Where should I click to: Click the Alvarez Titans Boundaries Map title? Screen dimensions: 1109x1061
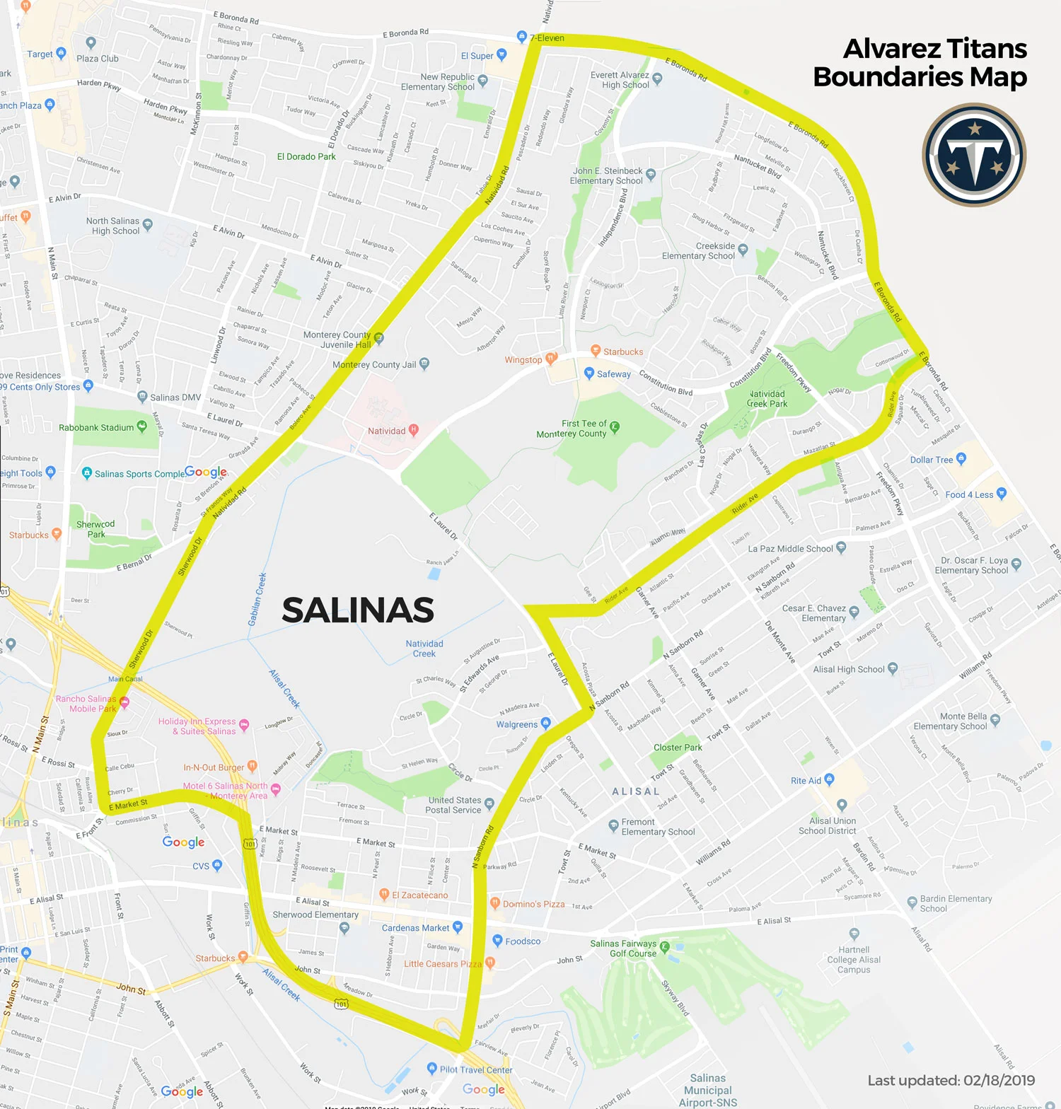[x=920, y=63]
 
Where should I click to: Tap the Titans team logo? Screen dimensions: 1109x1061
[x=974, y=155]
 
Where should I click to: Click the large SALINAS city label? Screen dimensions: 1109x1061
[x=358, y=610]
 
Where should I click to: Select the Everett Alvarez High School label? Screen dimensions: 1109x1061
[x=620, y=80]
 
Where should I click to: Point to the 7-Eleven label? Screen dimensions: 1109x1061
[x=547, y=38]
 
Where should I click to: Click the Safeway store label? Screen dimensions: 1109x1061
[x=613, y=374]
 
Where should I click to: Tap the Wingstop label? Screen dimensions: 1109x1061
[x=523, y=360]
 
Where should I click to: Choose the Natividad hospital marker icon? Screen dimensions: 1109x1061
[x=414, y=430]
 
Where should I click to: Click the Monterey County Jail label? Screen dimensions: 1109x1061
[x=374, y=365]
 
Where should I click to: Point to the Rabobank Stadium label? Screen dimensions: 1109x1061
[x=96, y=428]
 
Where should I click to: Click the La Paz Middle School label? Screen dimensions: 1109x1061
[x=790, y=549]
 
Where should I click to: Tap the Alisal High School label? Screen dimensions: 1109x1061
[x=848, y=669]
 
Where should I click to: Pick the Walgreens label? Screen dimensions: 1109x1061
[x=517, y=724]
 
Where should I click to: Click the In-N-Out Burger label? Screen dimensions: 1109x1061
[x=214, y=767]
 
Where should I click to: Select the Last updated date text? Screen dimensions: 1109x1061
[x=951, y=1080]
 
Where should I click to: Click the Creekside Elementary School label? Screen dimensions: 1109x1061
[x=698, y=251]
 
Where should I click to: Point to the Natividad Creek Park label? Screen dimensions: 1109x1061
[x=767, y=399]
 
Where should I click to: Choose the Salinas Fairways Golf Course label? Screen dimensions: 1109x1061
[x=623, y=948]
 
